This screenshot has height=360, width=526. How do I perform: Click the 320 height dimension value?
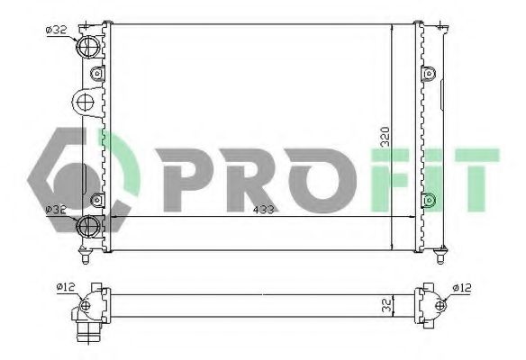[385, 137]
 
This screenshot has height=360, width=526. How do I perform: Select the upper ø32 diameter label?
[56, 30]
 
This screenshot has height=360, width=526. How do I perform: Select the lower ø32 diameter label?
[56, 209]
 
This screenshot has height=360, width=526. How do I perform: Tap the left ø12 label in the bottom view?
[66, 287]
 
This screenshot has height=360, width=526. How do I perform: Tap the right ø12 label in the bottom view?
[460, 287]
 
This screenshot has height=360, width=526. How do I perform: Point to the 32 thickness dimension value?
[385, 305]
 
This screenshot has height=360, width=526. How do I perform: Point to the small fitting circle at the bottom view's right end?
[440, 304]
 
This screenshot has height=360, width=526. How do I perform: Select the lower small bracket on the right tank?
[430, 199]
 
